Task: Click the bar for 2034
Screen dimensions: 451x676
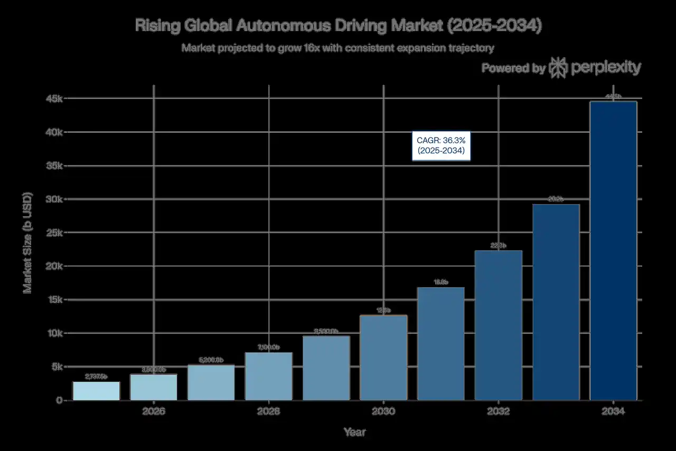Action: coord(613,251)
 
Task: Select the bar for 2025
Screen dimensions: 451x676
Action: coord(96,391)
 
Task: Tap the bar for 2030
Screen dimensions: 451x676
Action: coord(384,357)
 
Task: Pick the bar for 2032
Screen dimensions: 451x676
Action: coord(499,325)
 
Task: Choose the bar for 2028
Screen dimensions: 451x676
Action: coord(269,376)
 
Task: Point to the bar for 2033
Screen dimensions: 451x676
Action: coord(556,302)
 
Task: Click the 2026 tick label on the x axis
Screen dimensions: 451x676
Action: coord(154,411)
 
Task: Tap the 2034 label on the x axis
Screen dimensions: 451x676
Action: coord(613,411)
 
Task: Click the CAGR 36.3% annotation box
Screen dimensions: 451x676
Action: coord(440,146)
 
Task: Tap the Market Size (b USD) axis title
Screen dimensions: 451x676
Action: coord(27,243)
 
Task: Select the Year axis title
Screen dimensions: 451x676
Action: coord(354,432)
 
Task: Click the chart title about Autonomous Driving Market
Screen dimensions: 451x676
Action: coord(338,26)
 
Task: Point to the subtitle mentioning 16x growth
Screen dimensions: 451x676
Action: coord(338,48)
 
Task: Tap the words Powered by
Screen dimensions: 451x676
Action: coord(513,68)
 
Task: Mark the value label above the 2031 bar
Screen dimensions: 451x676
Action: coord(440,282)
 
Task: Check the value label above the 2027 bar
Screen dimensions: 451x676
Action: coord(211,360)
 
